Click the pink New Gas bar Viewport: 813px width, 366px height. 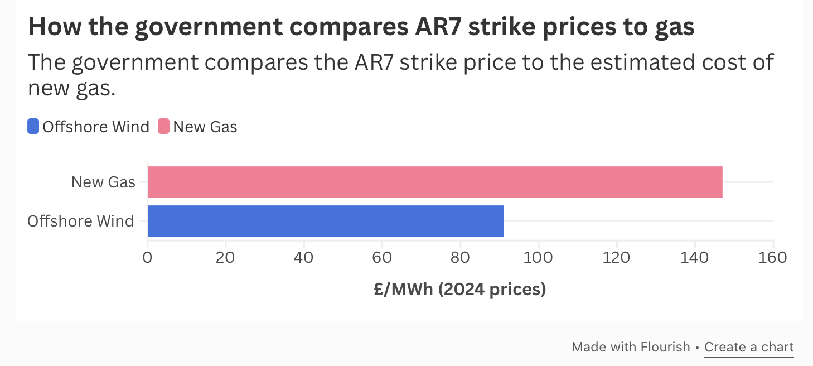coord(435,182)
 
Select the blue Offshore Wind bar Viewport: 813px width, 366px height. coord(326,221)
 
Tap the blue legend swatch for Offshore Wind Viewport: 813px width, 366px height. coord(33,127)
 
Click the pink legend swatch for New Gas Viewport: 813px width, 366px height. coord(164,127)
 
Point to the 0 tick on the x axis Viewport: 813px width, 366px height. coord(147,258)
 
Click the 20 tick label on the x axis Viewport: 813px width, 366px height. coord(225,258)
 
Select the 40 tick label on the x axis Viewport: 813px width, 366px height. coord(303,258)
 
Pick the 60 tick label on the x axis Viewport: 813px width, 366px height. coord(382,258)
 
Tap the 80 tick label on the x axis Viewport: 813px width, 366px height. coord(460,258)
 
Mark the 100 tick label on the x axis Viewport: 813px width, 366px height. coord(538,258)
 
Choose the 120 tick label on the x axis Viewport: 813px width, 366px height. coord(617,258)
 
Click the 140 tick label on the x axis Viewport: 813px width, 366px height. coord(695,258)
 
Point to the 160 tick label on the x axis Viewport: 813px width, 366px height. coord(773,258)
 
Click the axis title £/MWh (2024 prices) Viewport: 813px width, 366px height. coord(460,290)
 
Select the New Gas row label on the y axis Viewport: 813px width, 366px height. coord(103,182)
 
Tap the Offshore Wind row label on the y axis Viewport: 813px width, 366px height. coord(81,221)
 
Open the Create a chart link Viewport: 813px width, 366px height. coord(749,348)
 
